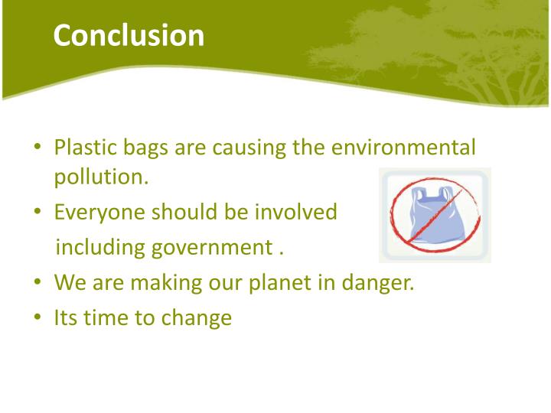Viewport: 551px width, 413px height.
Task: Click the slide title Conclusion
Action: coord(129,35)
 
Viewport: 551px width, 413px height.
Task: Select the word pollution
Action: coord(100,177)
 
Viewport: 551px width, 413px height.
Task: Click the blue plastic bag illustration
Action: coord(434,216)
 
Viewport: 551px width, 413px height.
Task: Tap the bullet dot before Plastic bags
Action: coord(37,148)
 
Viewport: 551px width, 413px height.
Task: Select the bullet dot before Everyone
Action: coord(37,213)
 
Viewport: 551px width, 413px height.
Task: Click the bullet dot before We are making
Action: coord(37,284)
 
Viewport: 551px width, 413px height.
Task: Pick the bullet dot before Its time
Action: coord(37,318)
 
